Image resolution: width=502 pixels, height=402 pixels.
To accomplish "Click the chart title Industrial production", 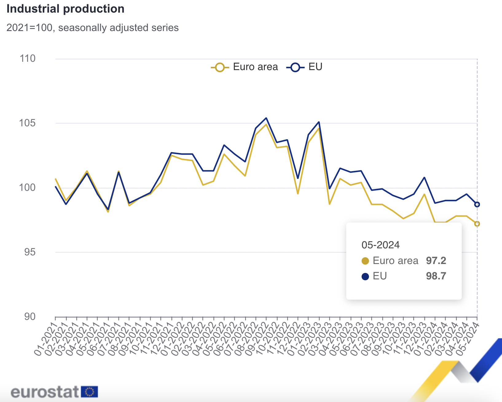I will [65, 9].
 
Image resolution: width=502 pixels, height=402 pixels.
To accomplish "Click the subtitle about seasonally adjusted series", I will [92, 28].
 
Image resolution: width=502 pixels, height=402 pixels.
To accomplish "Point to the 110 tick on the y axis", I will [28, 58].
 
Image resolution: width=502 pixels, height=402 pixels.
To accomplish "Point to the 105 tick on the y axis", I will [28, 123].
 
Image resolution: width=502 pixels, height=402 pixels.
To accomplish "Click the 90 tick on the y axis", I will [30, 317].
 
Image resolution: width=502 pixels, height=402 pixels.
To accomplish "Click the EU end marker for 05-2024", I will [477, 204].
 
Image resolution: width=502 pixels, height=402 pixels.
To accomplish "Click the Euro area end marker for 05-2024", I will [477, 224].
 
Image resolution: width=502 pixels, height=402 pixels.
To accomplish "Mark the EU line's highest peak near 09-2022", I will [266, 118].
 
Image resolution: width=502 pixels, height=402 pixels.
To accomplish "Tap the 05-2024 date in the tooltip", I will [380, 245].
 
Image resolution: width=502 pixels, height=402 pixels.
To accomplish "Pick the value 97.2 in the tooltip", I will [436, 261].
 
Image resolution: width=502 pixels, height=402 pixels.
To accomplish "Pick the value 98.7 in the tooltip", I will [436, 276].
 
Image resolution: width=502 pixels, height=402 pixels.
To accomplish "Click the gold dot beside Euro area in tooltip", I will [365, 261].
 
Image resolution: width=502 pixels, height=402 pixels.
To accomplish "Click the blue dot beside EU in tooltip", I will [365, 276].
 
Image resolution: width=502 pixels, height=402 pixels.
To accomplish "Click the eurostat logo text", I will [45, 392].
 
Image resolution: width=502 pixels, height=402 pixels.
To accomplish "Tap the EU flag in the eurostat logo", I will [89, 392].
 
